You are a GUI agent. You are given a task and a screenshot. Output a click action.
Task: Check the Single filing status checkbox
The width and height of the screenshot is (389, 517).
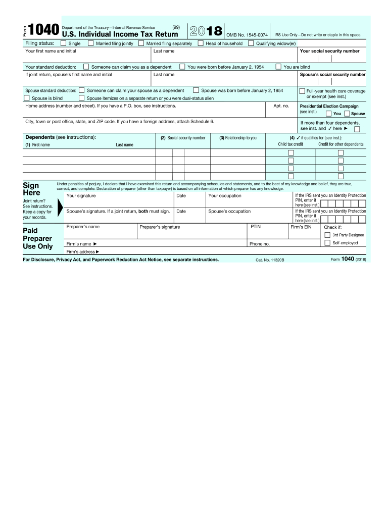(63, 43)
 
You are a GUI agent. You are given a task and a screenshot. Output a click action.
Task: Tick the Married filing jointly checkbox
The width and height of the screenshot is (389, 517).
(90, 43)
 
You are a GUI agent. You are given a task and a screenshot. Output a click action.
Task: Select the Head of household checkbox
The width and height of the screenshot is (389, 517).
(201, 43)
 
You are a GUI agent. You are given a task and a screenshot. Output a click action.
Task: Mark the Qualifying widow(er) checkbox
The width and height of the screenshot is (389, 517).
(251, 43)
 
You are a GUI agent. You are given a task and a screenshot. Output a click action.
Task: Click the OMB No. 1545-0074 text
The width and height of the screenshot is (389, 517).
(247, 35)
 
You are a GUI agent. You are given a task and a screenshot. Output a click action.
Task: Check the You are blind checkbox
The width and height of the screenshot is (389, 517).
(278, 67)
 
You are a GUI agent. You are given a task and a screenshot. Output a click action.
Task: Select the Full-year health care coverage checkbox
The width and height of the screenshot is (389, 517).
(302, 91)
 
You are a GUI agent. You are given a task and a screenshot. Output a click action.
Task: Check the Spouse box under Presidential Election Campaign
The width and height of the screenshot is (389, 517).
(347, 114)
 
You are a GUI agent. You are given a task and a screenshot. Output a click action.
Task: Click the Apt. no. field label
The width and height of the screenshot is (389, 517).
(281, 106)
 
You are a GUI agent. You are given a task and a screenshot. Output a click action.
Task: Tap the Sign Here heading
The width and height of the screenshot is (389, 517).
(31, 189)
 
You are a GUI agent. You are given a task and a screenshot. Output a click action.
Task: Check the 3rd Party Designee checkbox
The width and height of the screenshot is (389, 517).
(327, 235)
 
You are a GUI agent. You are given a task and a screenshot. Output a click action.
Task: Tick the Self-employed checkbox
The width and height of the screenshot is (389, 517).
(327, 243)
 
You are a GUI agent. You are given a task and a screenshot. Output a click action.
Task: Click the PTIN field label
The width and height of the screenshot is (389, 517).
(255, 227)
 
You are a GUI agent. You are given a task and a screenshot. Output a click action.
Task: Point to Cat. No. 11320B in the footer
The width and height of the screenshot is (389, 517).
(270, 260)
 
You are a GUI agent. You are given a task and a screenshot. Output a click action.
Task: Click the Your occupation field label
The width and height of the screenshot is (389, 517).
(225, 195)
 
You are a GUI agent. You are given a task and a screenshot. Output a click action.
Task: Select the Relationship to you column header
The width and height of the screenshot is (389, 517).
(237, 138)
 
